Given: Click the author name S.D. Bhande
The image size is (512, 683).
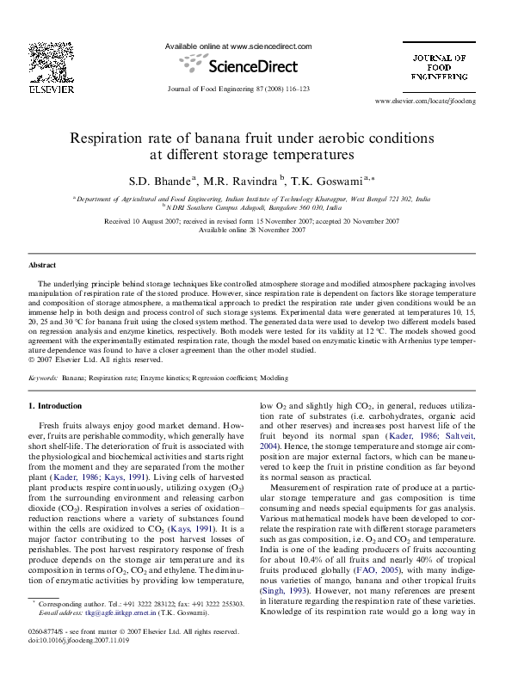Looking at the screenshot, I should [x=163, y=181].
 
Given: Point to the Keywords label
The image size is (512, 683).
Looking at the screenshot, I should [x=43, y=378].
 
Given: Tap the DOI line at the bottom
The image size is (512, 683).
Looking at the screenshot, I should [x=73, y=664].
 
